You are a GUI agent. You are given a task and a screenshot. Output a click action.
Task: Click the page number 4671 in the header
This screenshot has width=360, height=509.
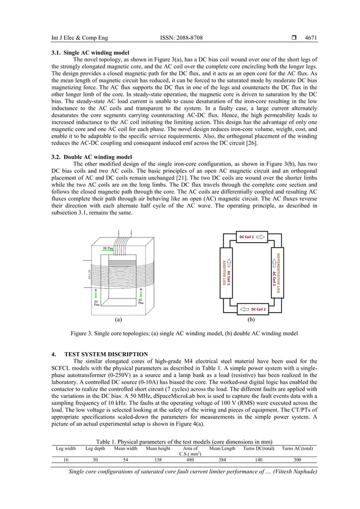(x=310, y=38)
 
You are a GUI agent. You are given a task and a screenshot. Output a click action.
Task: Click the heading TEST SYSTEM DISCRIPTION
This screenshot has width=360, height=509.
(x=111, y=354)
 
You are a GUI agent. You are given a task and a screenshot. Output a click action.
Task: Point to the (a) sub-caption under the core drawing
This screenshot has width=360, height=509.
(x=118, y=319)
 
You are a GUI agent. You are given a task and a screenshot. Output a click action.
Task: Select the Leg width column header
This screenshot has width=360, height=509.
(x=65, y=448)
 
